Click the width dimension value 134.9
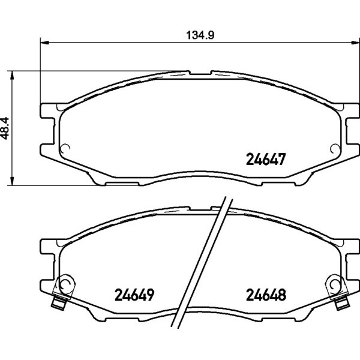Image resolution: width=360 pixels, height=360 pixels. (x=200, y=35)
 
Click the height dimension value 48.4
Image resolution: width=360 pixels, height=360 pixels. (x=5, y=128)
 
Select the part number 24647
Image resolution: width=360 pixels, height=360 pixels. (x=266, y=160)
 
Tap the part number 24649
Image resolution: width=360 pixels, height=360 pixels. (x=134, y=295)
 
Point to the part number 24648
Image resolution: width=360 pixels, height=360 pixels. (x=266, y=295)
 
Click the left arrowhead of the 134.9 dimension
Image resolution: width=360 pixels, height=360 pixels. (x=44, y=43)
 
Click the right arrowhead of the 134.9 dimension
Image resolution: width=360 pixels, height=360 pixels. (x=355, y=43)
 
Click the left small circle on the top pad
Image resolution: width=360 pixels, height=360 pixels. (x=65, y=149)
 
